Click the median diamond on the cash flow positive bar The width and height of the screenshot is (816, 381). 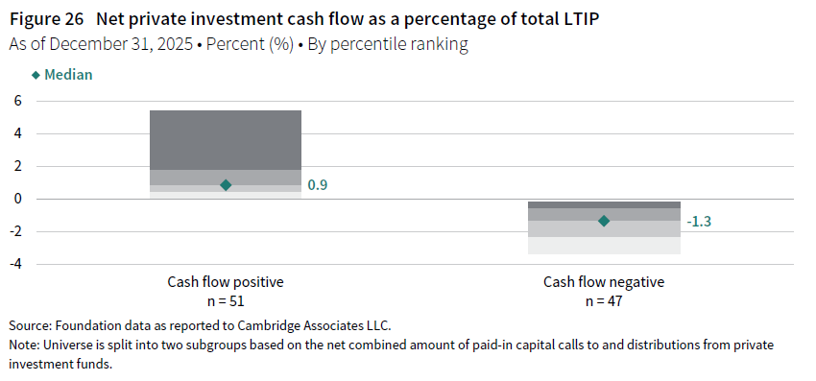point(226,185)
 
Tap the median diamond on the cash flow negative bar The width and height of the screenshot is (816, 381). point(604,221)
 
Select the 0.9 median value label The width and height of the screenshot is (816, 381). point(318,185)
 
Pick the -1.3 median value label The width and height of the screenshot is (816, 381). point(698,221)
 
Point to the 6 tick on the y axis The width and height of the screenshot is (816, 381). point(17,101)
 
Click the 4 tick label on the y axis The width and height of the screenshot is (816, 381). point(17,133)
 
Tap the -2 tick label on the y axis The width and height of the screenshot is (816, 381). point(15,231)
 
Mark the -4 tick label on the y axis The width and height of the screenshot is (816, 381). point(15,265)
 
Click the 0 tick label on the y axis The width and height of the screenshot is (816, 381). point(17,199)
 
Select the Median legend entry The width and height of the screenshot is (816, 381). point(62,75)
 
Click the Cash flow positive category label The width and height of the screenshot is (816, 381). point(226,282)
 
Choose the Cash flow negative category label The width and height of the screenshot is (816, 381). point(604,282)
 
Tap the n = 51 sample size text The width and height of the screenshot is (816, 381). point(226,301)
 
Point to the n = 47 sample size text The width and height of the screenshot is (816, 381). point(604,301)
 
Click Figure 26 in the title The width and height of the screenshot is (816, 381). point(46,19)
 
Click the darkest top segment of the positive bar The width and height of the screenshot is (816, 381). point(226,140)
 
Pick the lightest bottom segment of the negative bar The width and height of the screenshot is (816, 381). point(604,246)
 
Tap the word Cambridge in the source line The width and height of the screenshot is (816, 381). point(263,326)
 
